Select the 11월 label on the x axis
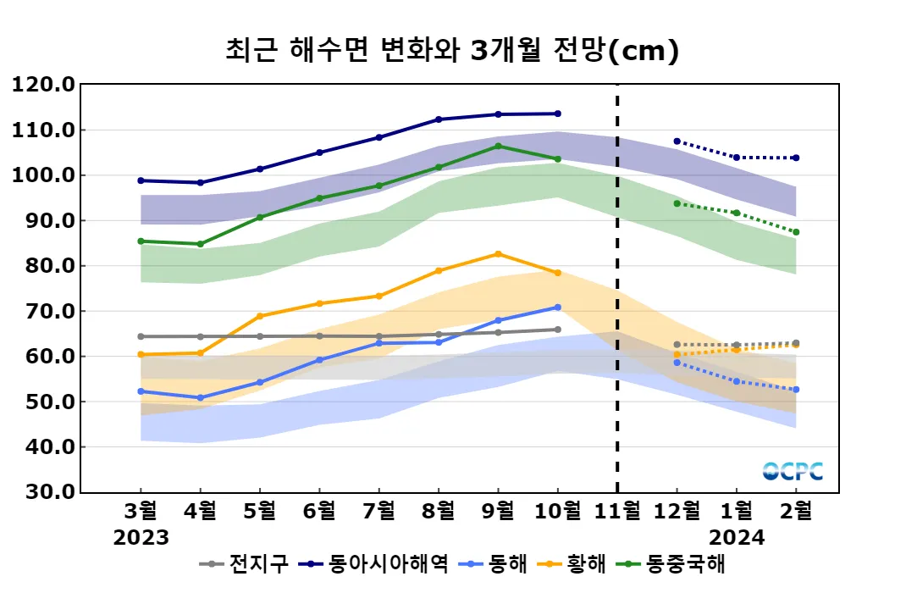tap(617, 511)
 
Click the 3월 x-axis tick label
tap(141, 511)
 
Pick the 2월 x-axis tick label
tap(797, 511)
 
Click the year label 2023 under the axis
tap(141, 537)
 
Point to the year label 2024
tap(737, 537)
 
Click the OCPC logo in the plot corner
tap(793, 472)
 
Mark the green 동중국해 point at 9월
tap(498, 146)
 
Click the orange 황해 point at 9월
tap(498, 254)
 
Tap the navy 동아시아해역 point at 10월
tap(557, 114)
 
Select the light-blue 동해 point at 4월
tap(200, 397)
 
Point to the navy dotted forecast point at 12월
tap(677, 141)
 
